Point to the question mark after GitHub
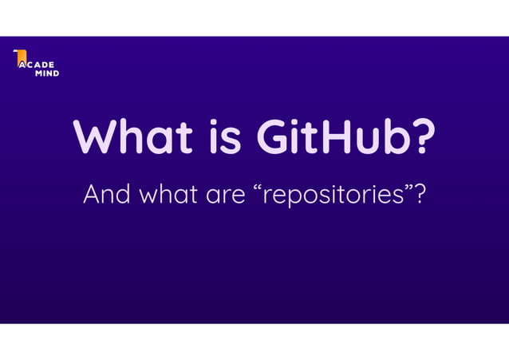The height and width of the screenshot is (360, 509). point(424,136)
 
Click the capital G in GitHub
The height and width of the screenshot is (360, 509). point(275,136)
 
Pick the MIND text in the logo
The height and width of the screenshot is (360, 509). point(46,73)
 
